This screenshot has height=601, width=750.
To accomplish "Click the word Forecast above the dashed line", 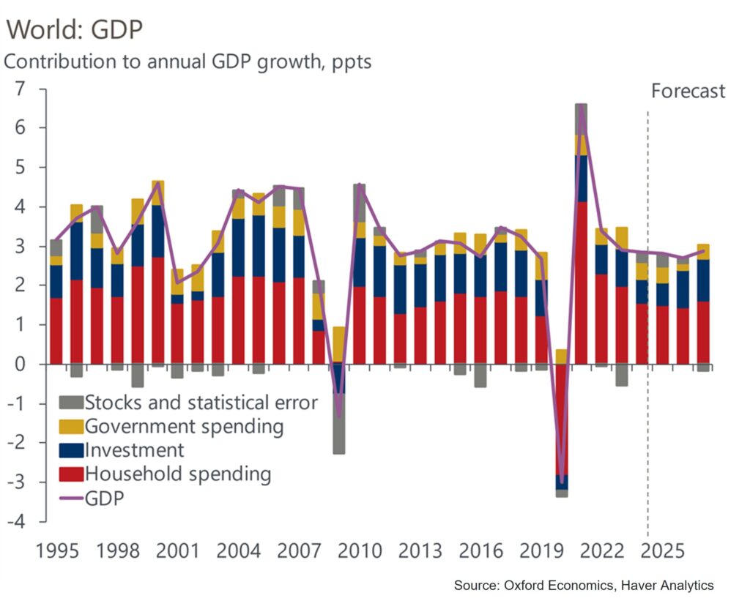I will click(x=688, y=91).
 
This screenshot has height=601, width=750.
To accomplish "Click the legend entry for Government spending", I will click(x=184, y=426).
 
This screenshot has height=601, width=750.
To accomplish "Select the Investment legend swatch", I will click(x=71, y=450).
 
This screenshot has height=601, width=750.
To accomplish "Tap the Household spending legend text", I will click(x=178, y=474).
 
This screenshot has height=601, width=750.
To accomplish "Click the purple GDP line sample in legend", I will click(x=71, y=499).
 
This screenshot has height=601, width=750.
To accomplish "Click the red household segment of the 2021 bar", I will click(x=581, y=283).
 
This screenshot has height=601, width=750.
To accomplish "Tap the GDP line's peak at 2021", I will click(x=582, y=108).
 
